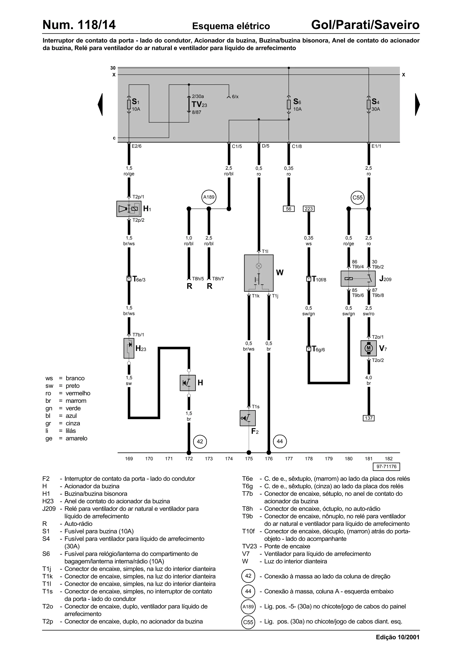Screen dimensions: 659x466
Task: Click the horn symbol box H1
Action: pos(129,209)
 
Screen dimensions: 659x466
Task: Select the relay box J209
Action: pos(358,278)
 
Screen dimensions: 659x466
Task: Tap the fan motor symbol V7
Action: pos(368,348)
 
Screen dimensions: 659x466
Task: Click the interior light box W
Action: pos(259,273)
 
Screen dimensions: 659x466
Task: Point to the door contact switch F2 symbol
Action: pos(248,418)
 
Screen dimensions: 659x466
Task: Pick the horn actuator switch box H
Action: pos(187,383)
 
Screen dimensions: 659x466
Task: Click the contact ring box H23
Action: pos(129,348)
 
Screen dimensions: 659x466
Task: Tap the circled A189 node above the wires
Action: pos(209,197)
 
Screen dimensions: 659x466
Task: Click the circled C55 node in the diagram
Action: pos(357,197)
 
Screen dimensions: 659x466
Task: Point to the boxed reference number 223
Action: pos(309,209)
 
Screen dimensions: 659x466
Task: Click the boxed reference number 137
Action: pos(369,418)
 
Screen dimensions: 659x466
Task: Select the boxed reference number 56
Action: pos(289,209)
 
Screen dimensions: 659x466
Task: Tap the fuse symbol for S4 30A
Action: pos(369,104)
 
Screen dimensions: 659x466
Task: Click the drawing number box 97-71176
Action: pos(386,467)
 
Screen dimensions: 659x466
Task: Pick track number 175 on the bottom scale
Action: pos(249,459)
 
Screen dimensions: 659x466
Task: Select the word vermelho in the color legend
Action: pos(78,393)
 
